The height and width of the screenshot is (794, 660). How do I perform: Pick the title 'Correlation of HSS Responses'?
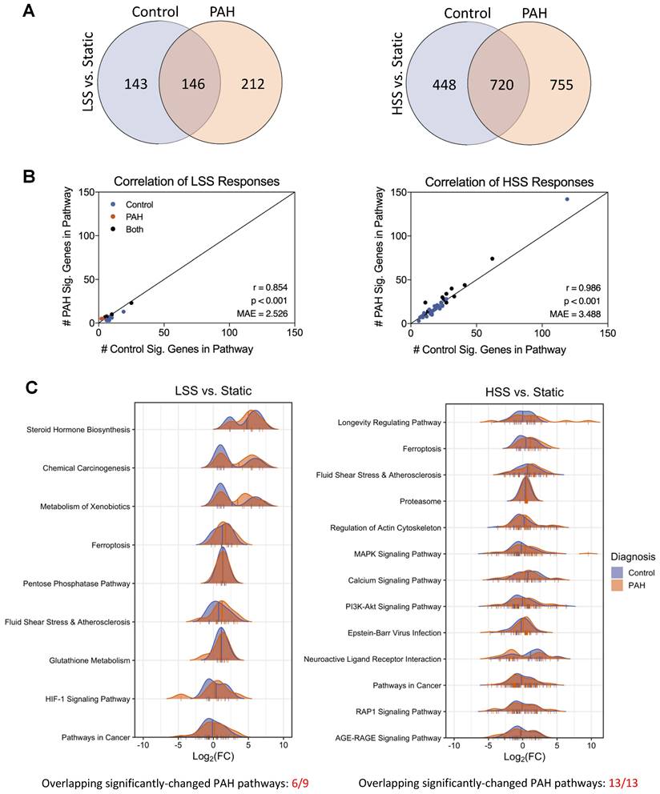(x=509, y=182)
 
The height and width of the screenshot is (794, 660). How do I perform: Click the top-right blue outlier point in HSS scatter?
(x=567, y=198)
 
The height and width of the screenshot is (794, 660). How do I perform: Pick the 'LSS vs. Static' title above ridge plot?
(x=213, y=391)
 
